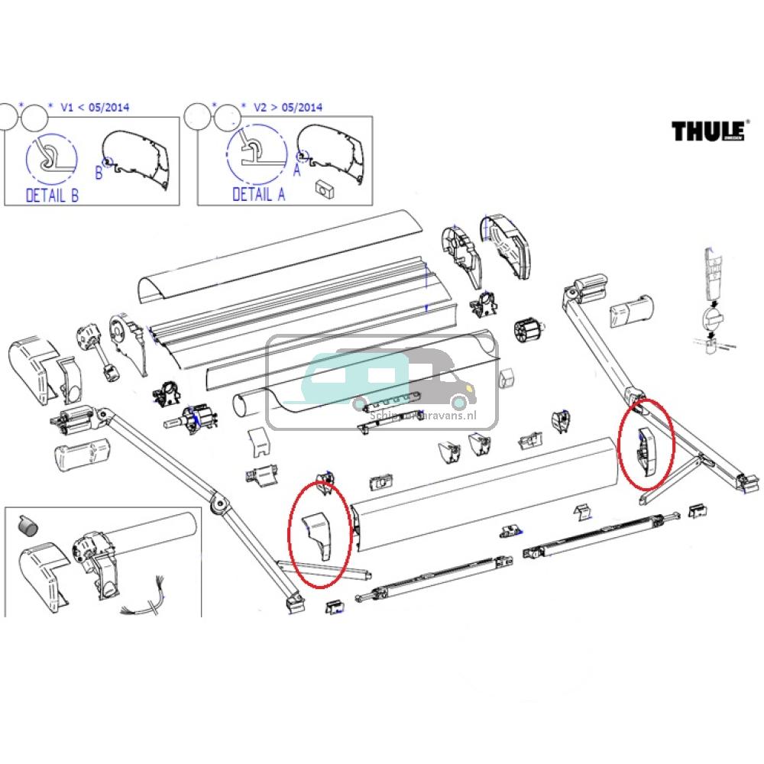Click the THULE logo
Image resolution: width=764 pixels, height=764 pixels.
point(707,131)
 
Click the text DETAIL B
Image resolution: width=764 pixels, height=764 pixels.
point(52,195)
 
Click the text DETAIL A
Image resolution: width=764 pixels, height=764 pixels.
point(258,195)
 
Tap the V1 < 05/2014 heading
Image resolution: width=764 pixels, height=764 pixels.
point(94,108)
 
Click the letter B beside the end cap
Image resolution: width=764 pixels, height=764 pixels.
point(99,173)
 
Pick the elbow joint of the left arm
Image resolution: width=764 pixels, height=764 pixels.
point(219,503)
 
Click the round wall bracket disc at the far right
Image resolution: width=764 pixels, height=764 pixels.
point(710,317)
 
